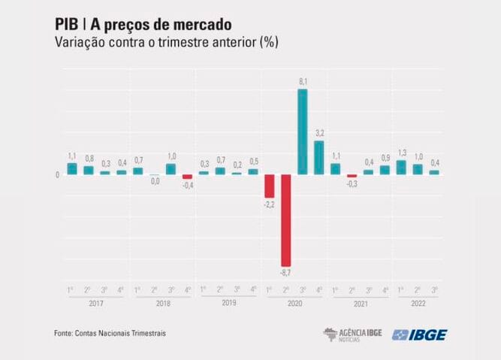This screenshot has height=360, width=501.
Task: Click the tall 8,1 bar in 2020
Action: [302, 132]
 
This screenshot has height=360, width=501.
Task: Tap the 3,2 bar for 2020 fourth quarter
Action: [318, 158]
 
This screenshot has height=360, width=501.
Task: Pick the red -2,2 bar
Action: [269, 186]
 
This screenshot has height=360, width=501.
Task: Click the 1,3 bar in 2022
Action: [401, 168]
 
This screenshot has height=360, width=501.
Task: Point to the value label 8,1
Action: [302, 82]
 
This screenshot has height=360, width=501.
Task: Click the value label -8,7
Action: [285, 271]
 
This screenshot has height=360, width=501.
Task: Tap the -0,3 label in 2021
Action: [352, 183]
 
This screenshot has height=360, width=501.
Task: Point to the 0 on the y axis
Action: [57, 175]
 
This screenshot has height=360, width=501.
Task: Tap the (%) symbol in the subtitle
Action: [268, 42]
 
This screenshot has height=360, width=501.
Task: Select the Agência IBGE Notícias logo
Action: [352, 334]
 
